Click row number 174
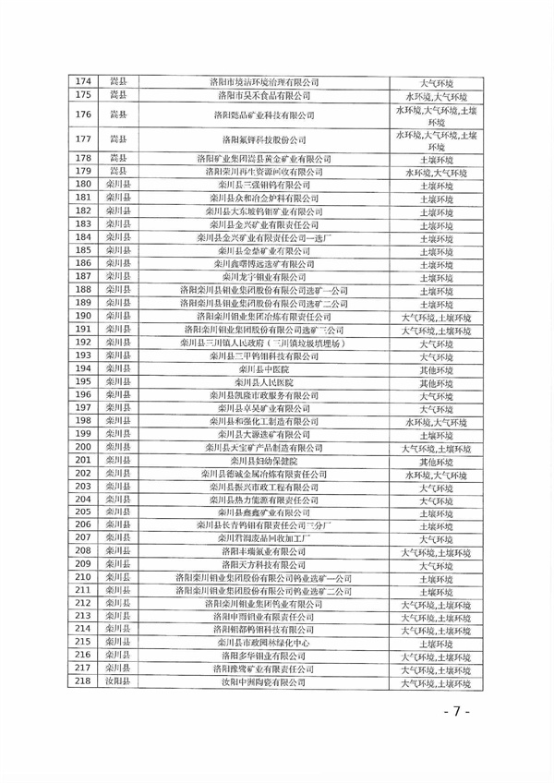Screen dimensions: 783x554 83,82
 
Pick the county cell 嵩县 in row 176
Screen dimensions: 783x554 117,114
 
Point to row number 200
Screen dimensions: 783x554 83,447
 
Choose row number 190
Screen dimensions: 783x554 83,316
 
